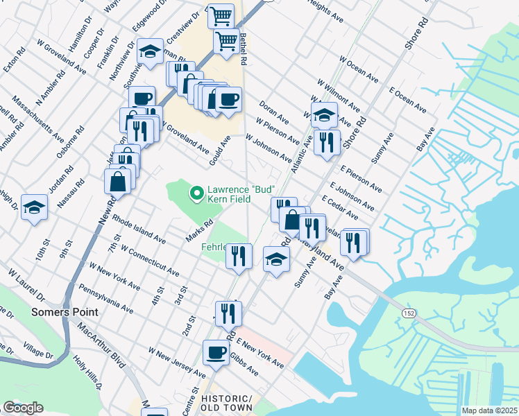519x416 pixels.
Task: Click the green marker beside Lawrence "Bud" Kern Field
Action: point(196,193)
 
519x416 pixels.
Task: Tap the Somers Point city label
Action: point(65,313)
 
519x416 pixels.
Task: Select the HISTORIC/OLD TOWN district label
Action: point(226,405)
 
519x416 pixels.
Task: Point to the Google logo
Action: point(22,408)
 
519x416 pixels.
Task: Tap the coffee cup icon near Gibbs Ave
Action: point(216,352)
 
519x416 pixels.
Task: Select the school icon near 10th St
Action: point(34,207)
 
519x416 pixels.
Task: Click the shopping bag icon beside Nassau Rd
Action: point(117,182)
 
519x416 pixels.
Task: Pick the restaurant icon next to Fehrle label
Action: point(239,256)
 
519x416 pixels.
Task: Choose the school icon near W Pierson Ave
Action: point(324,115)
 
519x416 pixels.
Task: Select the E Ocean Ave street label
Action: point(407,101)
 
